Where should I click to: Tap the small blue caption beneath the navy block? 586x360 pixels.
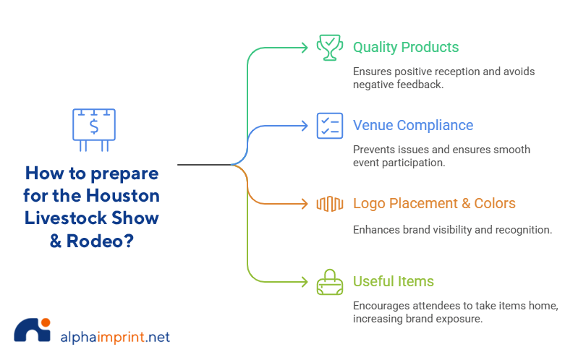(145, 245)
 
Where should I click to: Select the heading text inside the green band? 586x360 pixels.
(404, 53)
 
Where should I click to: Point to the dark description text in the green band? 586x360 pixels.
(443, 80)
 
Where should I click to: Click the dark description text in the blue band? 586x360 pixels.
(441, 155)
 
